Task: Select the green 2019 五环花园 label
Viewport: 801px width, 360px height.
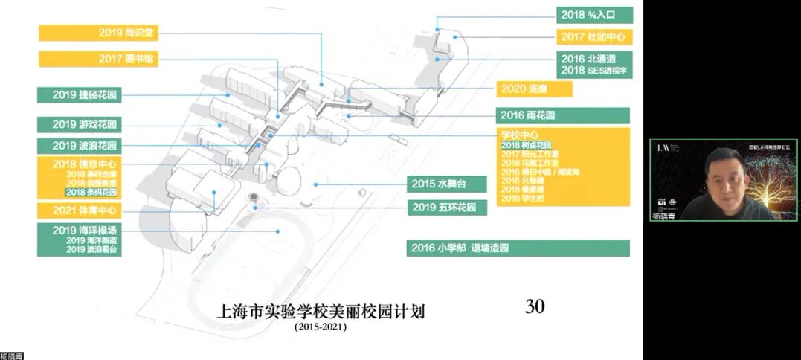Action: coord(448,208)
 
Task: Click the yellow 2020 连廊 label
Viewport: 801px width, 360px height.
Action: coord(535,89)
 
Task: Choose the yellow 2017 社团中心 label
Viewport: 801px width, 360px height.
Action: coord(594,36)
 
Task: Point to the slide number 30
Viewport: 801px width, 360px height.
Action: coord(535,306)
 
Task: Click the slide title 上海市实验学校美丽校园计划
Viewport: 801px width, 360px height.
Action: coord(320,311)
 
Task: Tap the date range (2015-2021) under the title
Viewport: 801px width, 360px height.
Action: coord(320,327)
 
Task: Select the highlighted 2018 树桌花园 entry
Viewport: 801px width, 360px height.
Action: coord(526,144)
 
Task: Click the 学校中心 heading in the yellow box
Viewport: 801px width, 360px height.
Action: coord(520,135)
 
